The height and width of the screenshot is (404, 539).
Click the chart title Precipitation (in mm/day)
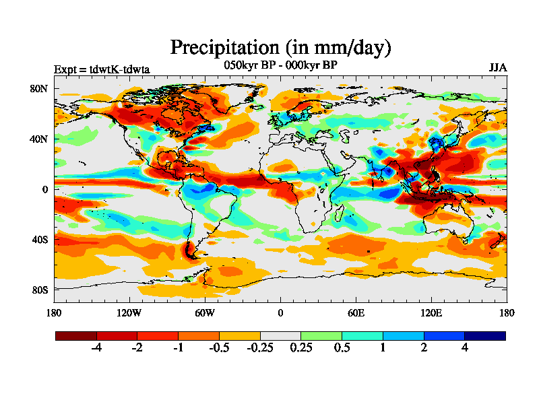280,48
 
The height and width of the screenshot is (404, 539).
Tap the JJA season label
497,68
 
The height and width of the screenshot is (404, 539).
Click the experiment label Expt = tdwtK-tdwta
102,69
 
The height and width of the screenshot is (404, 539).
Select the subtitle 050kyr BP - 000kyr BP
280,65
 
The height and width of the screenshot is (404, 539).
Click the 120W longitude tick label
129,312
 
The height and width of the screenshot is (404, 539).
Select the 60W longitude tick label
205,312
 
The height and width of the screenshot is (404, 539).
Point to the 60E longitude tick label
356,312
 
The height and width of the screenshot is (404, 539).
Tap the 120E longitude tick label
431,312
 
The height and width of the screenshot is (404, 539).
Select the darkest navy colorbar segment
484,335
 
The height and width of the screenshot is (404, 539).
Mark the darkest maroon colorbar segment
76,335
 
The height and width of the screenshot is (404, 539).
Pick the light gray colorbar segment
280,335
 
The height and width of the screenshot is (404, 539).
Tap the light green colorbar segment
321,335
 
